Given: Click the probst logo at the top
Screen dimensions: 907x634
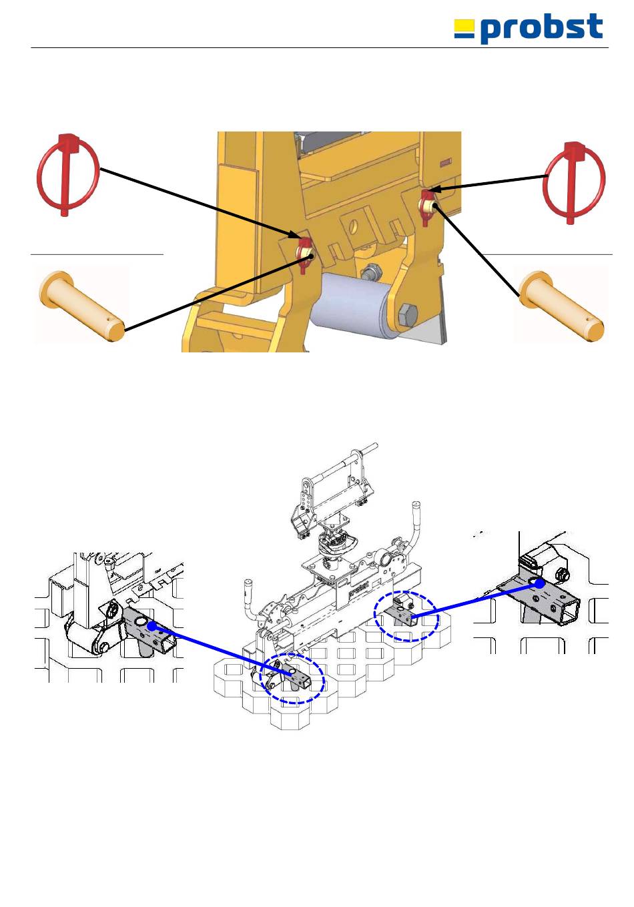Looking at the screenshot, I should tap(529, 29).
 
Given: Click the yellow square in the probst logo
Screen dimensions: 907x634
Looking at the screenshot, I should tap(464, 27).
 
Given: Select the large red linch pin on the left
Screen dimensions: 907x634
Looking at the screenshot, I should tap(67, 175).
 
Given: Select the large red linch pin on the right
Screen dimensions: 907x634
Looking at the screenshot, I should tap(574, 182).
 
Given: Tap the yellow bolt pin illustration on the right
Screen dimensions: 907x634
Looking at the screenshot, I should tap(562, 304).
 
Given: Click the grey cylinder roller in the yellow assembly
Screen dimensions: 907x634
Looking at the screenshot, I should tap(353, 308).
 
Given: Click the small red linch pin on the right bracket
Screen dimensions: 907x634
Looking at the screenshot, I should tap(426, 203).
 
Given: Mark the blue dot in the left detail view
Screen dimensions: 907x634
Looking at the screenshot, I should tap(152, 626).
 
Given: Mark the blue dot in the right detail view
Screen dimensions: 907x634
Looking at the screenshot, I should tap(539, 583).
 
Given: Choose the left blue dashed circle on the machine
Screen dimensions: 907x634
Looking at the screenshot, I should tap(292, 677).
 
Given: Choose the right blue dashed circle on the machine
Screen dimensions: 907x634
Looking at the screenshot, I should tap(407, 616).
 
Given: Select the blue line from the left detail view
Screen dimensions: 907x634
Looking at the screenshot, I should tap(220, 651).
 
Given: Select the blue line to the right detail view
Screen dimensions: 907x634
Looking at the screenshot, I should tap(474, 599).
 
